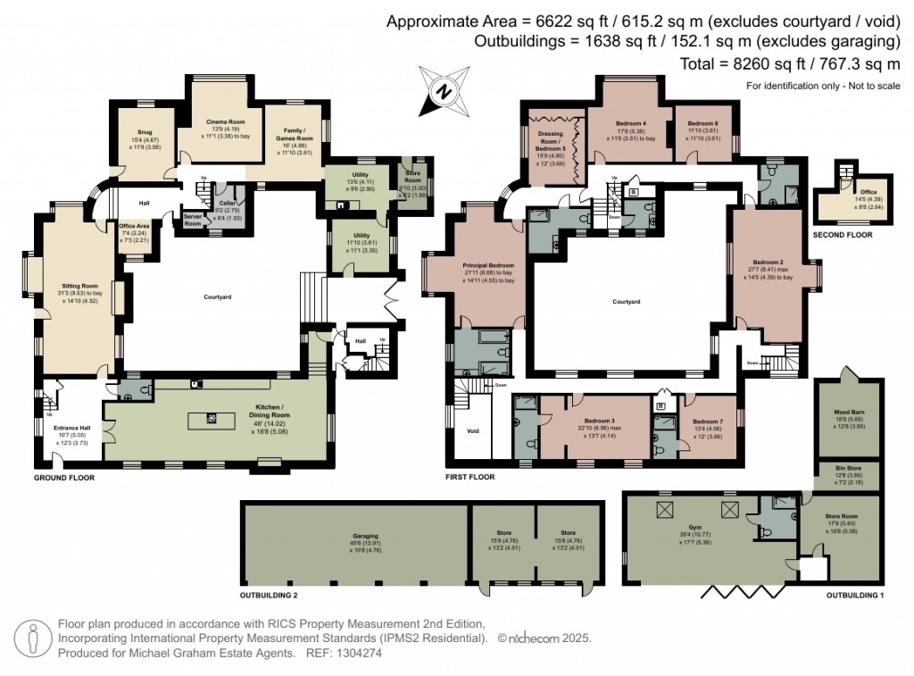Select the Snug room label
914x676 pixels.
click(x=144, y=132)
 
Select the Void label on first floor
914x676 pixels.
click(x=473, y=430)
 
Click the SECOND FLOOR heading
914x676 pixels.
click(x=843, y=235)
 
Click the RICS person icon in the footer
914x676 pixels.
click(x=33, y=638)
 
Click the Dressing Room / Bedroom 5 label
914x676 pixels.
click(x=551, y=139)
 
